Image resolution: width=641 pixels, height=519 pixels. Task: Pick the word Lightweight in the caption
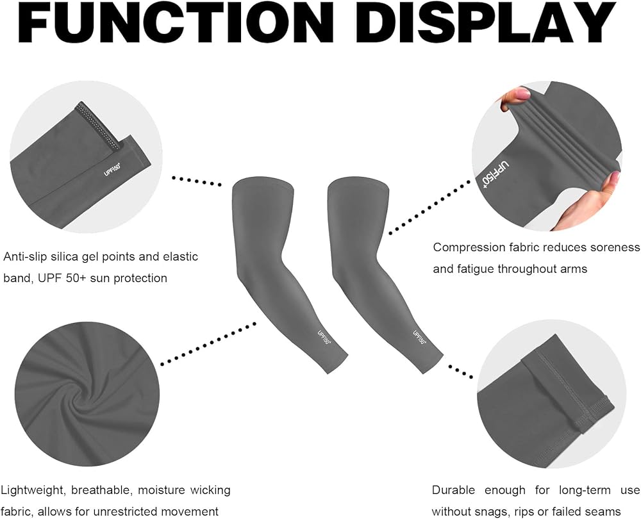click(32, 490)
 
